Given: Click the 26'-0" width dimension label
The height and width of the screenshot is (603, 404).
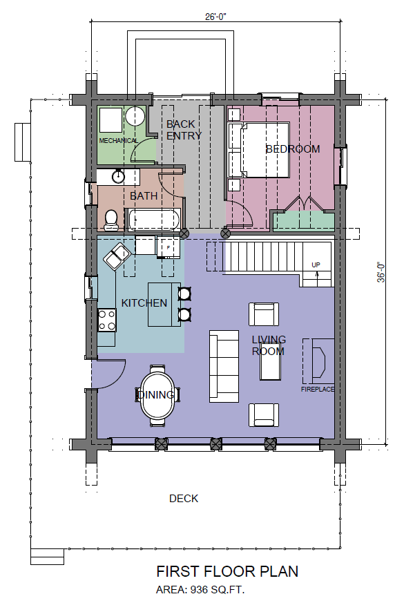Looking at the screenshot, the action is point(215,17).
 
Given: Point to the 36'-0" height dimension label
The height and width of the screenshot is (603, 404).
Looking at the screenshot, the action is point(381,272).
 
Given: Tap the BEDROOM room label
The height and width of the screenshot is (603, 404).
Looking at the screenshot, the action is point(293,149).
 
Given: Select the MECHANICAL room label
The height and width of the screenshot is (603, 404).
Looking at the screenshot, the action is point(118,141).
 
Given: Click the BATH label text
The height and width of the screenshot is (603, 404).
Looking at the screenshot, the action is point(144,195).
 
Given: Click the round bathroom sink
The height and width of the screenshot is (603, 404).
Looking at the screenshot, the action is point(118,177).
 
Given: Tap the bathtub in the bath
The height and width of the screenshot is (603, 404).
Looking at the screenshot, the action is point(154,220).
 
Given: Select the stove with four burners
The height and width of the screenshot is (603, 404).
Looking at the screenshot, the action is point(107,320).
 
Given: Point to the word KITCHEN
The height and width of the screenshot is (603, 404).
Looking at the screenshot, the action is point(144,303).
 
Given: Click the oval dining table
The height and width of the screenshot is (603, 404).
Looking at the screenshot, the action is point(158,395).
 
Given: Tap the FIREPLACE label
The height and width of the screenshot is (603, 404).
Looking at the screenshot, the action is point(318,389).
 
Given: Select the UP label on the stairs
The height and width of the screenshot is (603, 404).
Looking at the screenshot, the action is point(316,265).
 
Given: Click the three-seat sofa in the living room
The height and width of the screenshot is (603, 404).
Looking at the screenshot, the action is point(224,366).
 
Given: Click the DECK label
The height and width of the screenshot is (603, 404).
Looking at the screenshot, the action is point(184,499).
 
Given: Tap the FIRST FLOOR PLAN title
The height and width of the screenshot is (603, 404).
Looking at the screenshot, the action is point(227,571).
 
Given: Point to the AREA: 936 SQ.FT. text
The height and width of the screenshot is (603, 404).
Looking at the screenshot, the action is point(200,590).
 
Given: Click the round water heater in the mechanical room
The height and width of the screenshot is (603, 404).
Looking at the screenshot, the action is point(135,116).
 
